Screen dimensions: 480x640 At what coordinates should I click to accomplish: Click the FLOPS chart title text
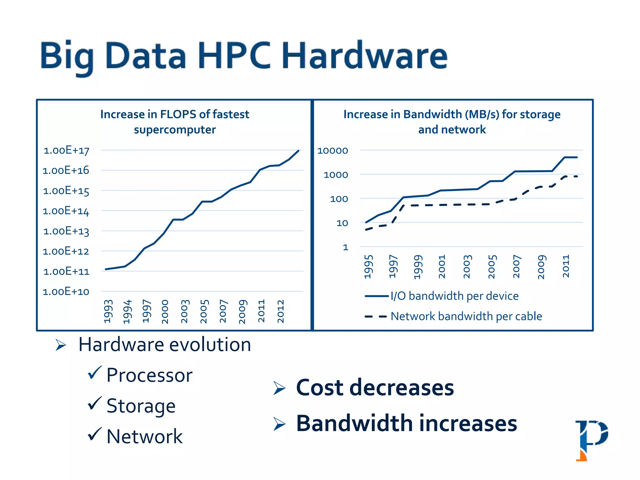175,122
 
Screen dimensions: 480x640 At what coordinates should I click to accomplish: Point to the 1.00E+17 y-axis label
66,151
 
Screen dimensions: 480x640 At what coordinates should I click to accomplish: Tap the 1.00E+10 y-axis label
66,292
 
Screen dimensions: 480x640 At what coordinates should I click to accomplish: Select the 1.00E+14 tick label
66,211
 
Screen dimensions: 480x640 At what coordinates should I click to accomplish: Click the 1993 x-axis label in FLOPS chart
108,311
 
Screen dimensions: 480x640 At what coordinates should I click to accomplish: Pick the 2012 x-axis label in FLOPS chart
281,311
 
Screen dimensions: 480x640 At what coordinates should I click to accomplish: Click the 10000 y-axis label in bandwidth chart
332,151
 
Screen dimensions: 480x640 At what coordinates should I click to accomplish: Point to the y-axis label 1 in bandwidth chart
345,247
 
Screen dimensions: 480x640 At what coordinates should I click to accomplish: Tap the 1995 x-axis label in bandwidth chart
369,267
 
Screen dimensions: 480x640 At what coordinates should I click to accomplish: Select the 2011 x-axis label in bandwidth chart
566,266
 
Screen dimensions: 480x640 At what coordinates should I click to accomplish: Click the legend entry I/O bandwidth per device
454,296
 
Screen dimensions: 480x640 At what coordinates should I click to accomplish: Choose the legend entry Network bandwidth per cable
466,316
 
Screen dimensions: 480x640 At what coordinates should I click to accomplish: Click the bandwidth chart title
452,122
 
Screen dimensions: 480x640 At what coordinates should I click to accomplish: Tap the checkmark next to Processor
94,372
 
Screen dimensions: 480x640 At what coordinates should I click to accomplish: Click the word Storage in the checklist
141,406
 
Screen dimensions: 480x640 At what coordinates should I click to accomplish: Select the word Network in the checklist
144,436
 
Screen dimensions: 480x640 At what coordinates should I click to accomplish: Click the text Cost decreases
375,387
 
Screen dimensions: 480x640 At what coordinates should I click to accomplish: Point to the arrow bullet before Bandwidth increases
279,424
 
